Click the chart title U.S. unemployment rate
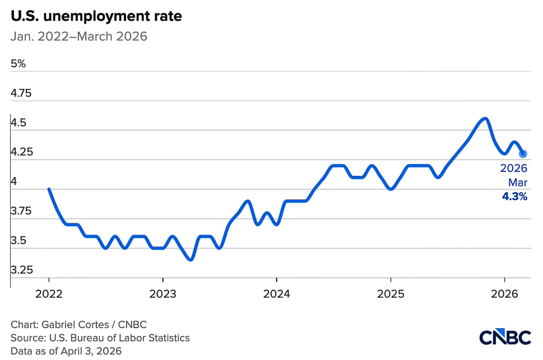point(96,16)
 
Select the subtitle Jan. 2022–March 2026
point(79,37)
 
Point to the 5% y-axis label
point(18,64)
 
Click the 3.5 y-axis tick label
point(19,241)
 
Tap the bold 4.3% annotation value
point(514,197)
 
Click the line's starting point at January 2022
point(49,189)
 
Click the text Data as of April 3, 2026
point(66,351)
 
